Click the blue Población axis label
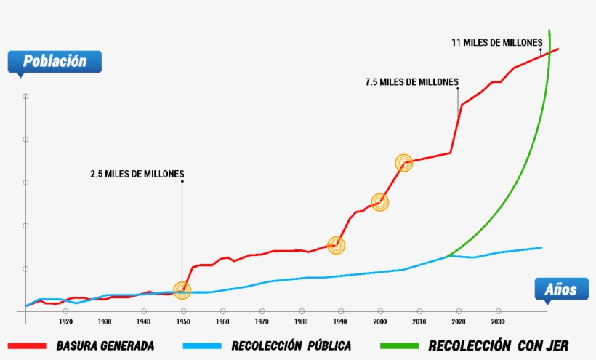(x=55, y=62)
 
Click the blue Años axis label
(x=560, y=290)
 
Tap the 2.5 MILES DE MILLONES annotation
(x=137, y=174)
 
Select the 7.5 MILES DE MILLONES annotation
(x=411, y=82)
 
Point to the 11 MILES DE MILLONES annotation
(x=497, y=43)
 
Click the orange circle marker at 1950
(x=182, y=291)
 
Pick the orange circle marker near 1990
(x=335, y=245)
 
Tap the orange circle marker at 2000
(x=379, y=202)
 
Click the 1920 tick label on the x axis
(x=65, y=321)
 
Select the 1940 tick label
(x=144, y=321)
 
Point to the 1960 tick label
(x=222, y=321)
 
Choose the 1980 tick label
(x=301, y=321)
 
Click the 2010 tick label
(x=419, y=321)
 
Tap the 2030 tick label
(x=497, y=321)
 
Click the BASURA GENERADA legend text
(x=105, y=345)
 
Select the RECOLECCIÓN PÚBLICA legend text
(x=291, y=345)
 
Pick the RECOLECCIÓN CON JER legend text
(x=499, y=345)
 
